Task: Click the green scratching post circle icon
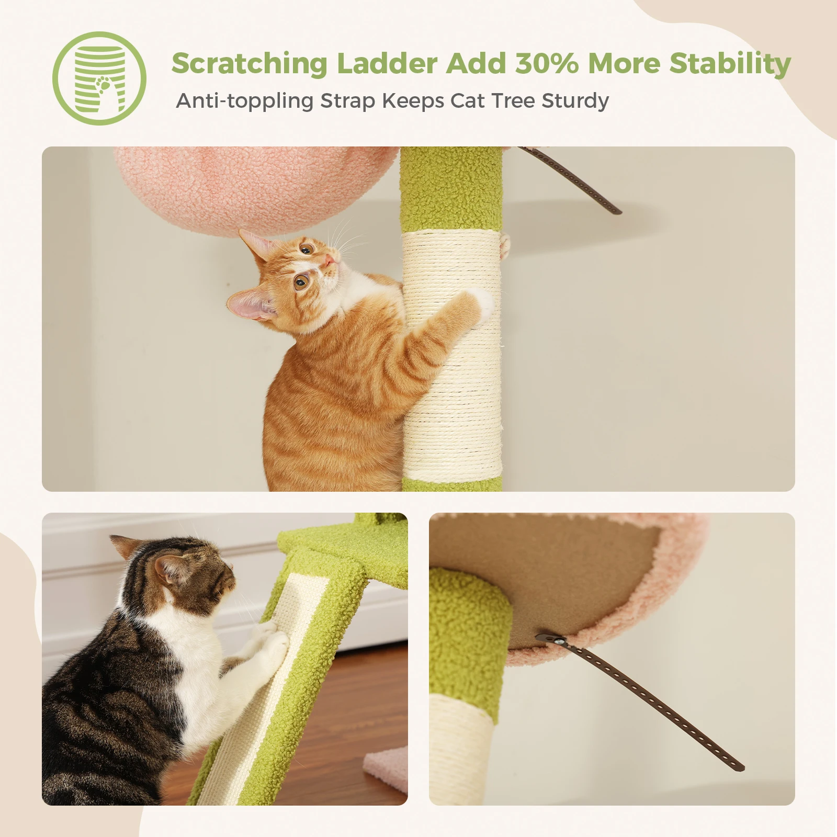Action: click(99, 78)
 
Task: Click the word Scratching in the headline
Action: click(249, 64)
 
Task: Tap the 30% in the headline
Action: click(547, 64)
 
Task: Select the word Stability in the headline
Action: click(730, 64)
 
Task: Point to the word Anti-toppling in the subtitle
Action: click(244, 101)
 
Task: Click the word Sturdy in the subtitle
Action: click(575, 101)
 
